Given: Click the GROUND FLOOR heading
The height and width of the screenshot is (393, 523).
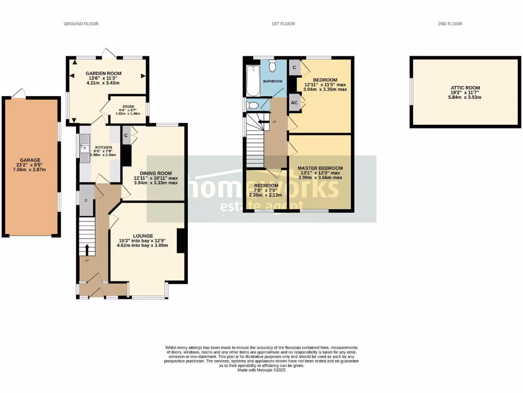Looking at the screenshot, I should (81, 24).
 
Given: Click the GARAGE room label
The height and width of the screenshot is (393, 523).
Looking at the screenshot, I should (31, 160).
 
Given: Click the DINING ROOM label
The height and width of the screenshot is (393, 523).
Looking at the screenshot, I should (156, 173).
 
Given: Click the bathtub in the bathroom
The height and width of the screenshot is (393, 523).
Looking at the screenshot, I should (253, 81).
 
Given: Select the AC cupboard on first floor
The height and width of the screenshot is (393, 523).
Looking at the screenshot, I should (294, 102).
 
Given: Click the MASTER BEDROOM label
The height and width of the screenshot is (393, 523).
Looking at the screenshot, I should (321, 168).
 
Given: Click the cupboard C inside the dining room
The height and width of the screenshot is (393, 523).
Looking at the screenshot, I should (126, 136).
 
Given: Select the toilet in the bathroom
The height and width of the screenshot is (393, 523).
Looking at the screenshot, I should (272, 65).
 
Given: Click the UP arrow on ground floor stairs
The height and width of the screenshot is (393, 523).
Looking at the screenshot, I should (86, 250).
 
